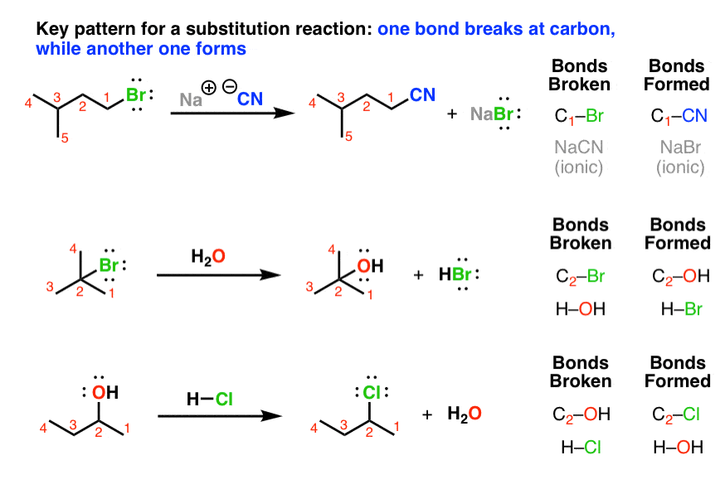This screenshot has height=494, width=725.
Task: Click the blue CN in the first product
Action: coord(422,95)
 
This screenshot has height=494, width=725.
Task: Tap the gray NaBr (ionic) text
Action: coord(679,157)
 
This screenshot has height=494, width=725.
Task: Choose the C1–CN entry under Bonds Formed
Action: coord(679,117)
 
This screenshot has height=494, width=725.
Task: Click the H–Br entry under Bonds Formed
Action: coord(679,308)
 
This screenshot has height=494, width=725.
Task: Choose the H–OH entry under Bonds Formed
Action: coord(679,448)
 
